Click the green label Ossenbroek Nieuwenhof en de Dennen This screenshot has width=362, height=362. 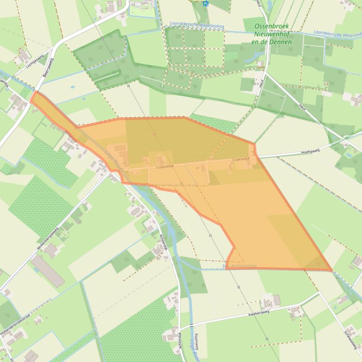[x=272, y=34]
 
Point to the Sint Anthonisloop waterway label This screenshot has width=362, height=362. [x=239, y=266]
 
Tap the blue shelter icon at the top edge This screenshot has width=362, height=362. [x=205, y=3]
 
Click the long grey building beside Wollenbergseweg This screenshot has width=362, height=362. [x=47, y=271]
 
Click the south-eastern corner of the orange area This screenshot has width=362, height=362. [x=332, y=271]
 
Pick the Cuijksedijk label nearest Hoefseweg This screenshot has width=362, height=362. [x=241, y=160]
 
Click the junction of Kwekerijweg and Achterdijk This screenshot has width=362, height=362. [x=180, y=328]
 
